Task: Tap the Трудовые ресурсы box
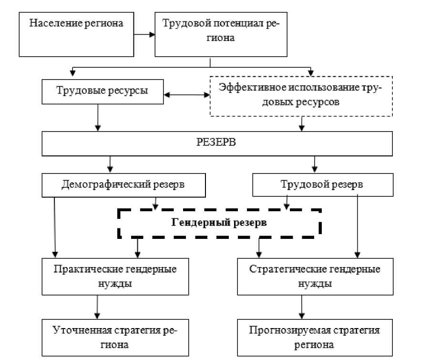coord(102,91)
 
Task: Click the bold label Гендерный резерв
coord(219,222)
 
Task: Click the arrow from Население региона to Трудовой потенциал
coord(144,34)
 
